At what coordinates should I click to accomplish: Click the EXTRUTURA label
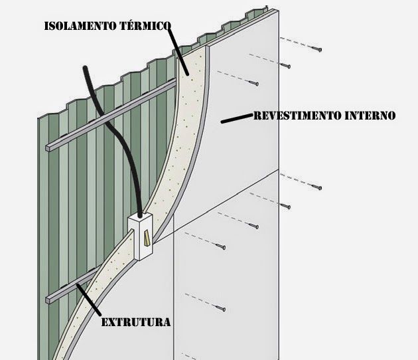136,323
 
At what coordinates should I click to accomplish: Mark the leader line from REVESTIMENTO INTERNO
236,119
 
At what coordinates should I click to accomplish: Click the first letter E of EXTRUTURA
105,323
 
